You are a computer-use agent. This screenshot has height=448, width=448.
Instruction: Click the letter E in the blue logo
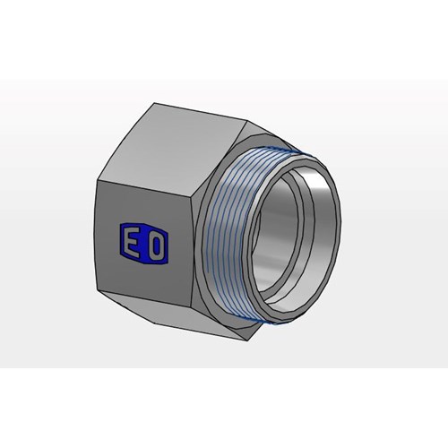coord(132,243)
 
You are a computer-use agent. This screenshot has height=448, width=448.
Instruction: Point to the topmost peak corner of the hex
coord(154,103)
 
